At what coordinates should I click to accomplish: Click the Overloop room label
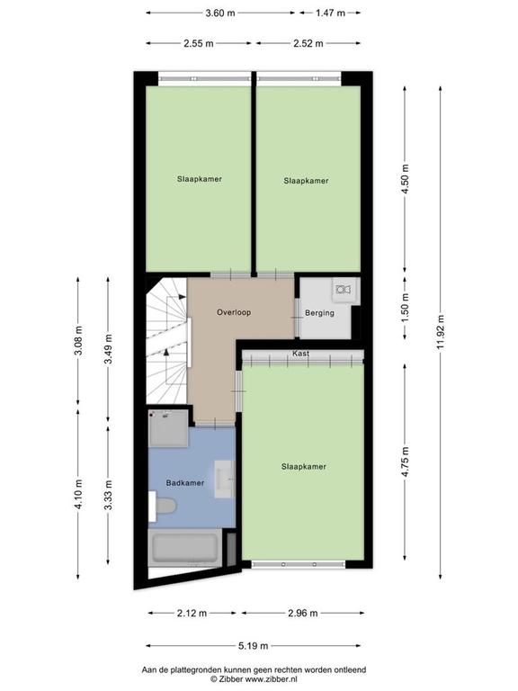click(234, 312)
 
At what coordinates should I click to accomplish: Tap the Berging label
click(319, 313)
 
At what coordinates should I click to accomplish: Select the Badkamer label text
click(185, 483)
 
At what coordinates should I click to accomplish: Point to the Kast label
click(301, 354)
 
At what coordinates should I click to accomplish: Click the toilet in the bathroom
click(163, 506)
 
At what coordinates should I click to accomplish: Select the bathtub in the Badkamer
click(185, 548)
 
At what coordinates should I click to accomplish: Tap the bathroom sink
click(224, 480)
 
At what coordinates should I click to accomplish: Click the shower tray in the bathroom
click(168, 428)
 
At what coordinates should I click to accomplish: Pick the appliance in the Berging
click(344, 290)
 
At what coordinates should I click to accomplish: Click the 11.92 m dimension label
click(441, 333)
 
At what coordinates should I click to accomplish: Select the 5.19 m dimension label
click(254, 646)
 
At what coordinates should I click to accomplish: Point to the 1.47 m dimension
click(330, 13)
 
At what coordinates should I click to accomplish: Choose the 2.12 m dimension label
click(192, 613)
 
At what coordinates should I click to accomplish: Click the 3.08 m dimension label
click(78, 341)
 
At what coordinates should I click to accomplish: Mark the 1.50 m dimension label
click(406, 307)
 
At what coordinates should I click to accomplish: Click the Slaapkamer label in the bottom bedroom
click(304, 467)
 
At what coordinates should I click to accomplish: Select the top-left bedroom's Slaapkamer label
click(200, 179)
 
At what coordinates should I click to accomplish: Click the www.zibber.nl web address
click(269, 679)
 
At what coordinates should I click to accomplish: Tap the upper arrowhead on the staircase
click(181, 297)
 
